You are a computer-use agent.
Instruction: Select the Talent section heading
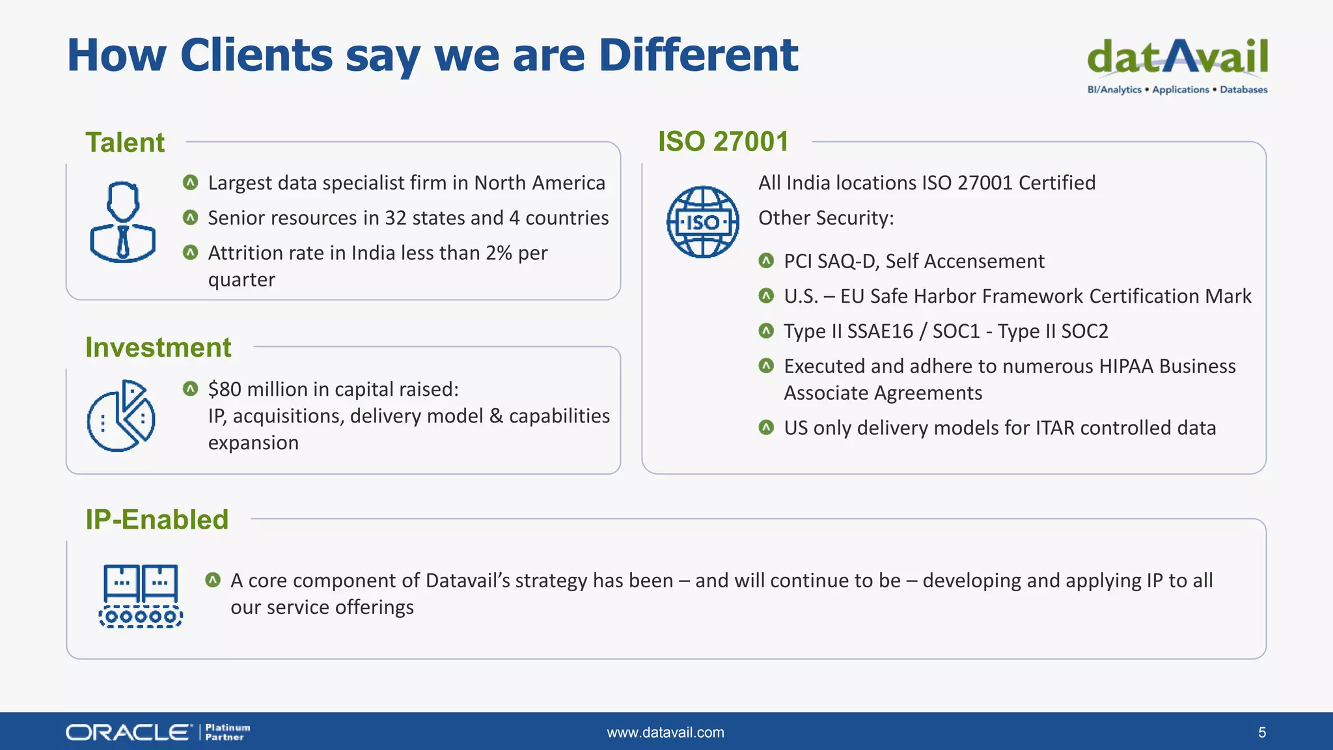point(125,143)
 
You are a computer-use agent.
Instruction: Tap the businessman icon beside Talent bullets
point(122,222)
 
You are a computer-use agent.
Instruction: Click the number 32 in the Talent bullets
point(396,218)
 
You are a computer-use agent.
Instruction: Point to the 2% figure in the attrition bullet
point(499,253)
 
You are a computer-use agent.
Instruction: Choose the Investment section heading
point(158,348)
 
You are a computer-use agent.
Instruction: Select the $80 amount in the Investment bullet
point(225,389)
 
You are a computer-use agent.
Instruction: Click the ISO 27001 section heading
point(723,142)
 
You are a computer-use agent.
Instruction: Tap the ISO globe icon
point(703,222)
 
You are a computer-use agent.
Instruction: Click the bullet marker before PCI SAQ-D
point(766,261)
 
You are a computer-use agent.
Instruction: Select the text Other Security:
point(826,218)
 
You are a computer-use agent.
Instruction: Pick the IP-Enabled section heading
point(157,520)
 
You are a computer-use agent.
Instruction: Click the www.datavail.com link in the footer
point(665,732)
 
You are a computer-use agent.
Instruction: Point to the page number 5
point(1262,732)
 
